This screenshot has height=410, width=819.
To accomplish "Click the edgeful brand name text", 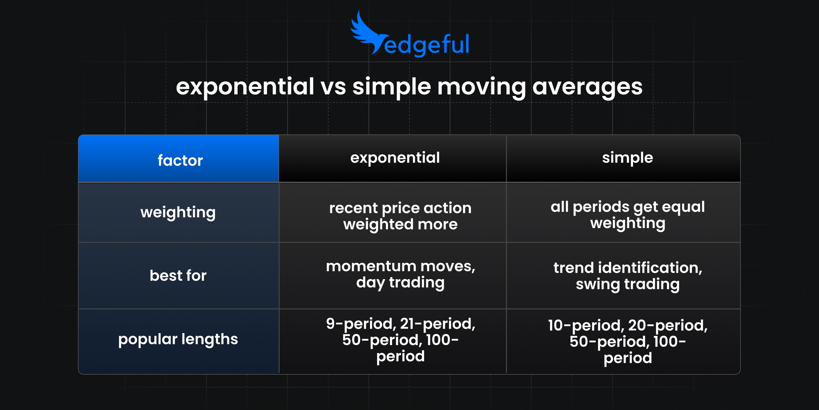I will click(426, 45).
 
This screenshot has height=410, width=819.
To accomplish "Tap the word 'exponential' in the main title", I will click(245, 87).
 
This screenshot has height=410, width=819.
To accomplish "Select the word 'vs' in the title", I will click(333, 87).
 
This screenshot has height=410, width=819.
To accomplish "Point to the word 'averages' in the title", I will click(587, 87).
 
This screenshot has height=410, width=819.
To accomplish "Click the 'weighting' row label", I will click(178, 212).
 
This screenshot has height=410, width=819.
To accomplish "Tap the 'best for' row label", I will click(178, 275).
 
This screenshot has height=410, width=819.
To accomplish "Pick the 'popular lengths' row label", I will click(178, 339).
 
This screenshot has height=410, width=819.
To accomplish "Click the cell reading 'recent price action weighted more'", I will click(400, 216).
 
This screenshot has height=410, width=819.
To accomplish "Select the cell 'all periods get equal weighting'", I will click(628, 215).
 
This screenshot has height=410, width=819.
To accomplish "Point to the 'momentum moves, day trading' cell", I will click(400, 274).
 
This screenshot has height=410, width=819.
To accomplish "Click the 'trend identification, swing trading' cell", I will click(628, 276).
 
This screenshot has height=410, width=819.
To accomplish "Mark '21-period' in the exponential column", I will click(437, 324).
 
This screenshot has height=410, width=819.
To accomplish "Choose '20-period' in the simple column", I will click(667, 326).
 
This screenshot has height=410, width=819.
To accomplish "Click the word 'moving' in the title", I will click(481, 87).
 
